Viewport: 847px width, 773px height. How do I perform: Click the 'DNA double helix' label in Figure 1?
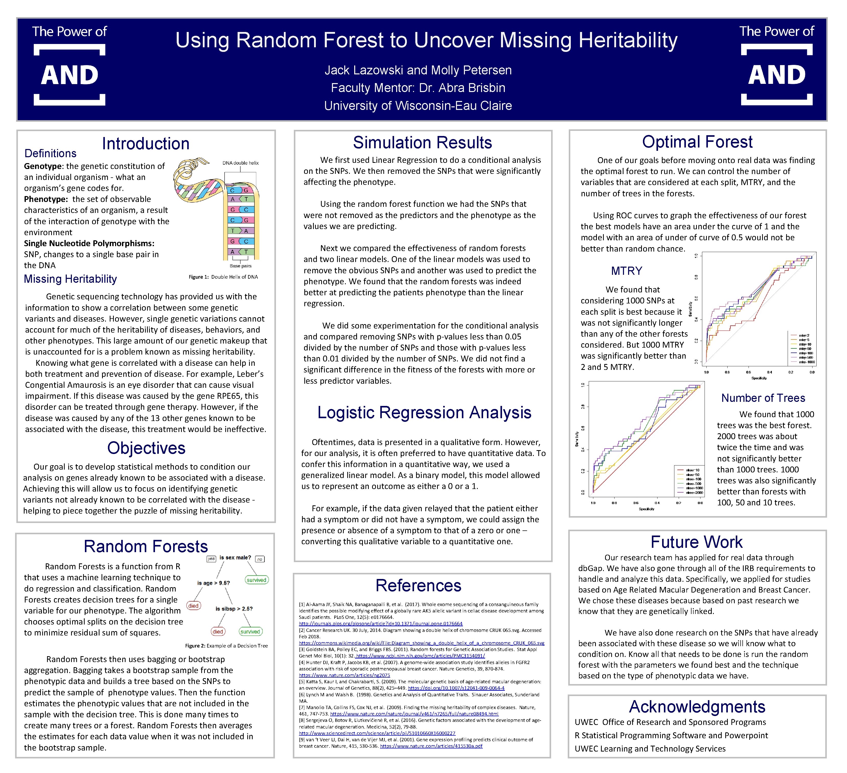click(x=240, y=163)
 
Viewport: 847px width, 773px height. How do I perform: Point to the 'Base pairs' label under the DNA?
click(x=240, y=266)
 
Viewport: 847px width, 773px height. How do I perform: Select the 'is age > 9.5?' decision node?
click(x=214, y=583)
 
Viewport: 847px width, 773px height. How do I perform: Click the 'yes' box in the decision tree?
click(x=211, y=559)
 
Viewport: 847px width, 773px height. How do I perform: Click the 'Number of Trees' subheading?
click(x=763, y=398)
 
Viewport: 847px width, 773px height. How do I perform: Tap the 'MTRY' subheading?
click(x=627, y=271)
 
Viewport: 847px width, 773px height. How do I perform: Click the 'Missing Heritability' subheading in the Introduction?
click(x=70, y=279)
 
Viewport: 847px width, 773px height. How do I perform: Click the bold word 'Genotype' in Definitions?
click(x=43, y=166)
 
